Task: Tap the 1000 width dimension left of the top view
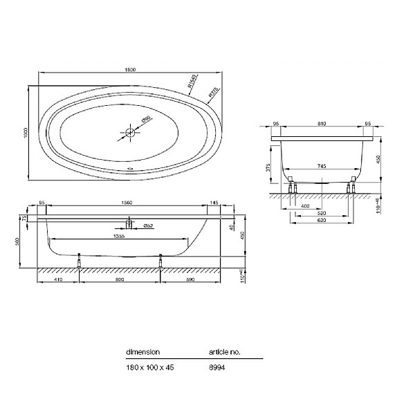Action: (x=26, y=132)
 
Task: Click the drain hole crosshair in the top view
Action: (x=129, y=132)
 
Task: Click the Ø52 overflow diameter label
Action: (x=148, y=226)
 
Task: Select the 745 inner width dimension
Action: (x=323, y=166)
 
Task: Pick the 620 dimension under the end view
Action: (x=323, y=223)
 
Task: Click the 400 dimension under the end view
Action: (x=305, y=207)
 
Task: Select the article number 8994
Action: (x=217, y=367)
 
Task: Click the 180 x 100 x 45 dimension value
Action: (x=150, y=367)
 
